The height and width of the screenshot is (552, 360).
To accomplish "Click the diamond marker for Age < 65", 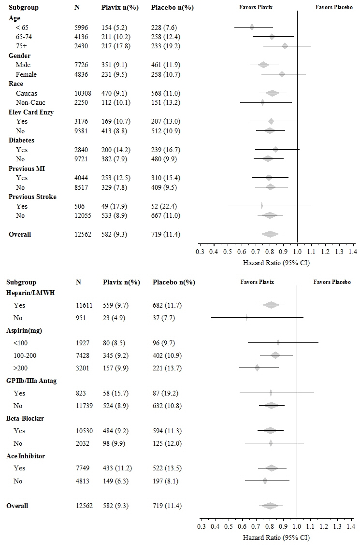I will (252, 27).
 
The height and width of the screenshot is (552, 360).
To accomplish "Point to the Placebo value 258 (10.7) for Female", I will (166, 74).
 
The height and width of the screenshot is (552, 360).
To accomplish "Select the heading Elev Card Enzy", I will (31, 112).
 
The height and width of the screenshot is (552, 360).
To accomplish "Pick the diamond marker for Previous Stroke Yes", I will (262, 206).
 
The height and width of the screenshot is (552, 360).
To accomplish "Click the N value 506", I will (80, 206).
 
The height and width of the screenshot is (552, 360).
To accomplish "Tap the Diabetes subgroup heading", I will (23, 140).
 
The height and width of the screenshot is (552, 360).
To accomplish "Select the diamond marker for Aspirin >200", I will (257, 368).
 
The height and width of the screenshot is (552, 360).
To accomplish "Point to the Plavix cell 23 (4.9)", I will (113, 318).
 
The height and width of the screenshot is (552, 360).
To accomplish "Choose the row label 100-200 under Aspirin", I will (26, 355).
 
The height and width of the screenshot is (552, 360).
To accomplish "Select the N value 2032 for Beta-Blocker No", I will (83, 443).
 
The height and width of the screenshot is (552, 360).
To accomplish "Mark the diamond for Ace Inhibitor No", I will (265, 481).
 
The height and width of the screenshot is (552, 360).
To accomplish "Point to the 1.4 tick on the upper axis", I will (352, 252).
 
